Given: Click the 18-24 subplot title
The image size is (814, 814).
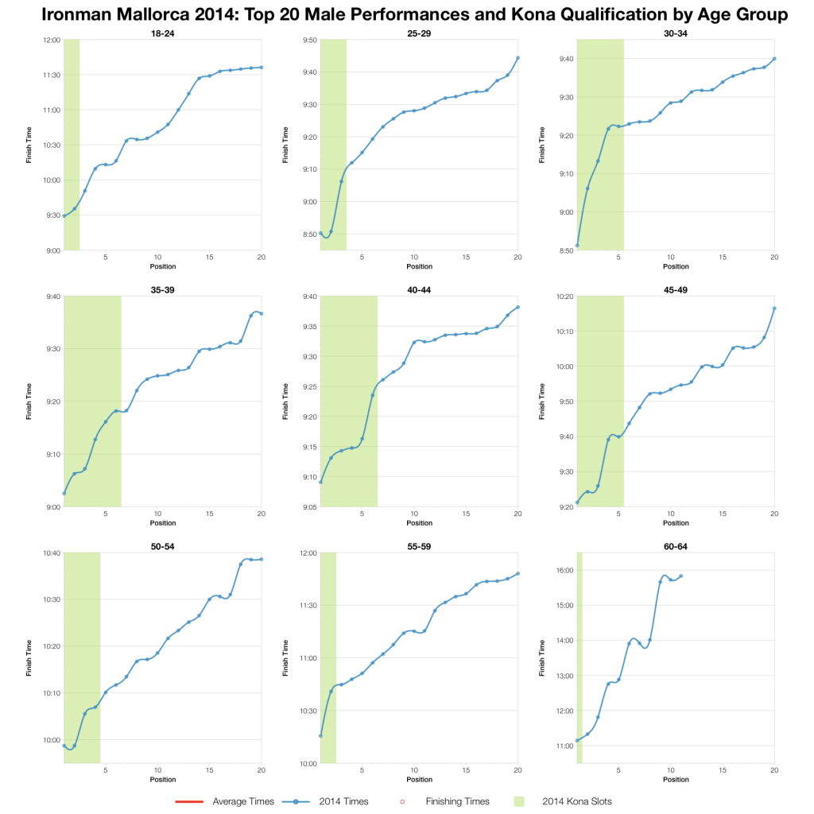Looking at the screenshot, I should point(163,33).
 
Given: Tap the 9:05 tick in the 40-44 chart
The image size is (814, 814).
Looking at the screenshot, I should point(309,506).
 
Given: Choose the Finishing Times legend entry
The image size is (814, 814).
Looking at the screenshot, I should point(448,801).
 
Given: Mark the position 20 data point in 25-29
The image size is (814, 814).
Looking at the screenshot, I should point(517,57).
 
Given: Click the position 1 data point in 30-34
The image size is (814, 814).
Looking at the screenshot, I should point(577,245).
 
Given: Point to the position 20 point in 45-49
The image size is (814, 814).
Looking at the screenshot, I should point(774,308).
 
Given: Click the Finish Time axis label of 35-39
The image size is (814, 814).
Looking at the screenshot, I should point(29,401).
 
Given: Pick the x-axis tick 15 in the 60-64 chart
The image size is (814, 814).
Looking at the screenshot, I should point(723,770).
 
